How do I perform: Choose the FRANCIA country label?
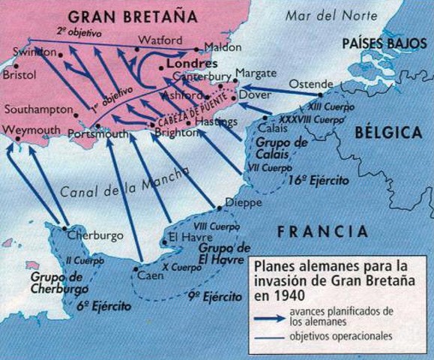323,231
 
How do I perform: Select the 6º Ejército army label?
103,307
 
